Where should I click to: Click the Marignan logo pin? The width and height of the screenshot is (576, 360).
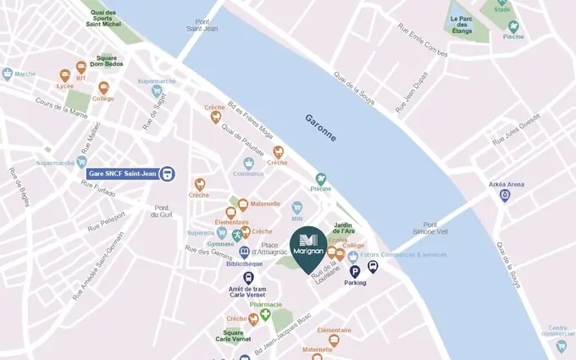point(307,245)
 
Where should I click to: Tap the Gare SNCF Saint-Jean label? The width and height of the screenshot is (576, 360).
point(123,174)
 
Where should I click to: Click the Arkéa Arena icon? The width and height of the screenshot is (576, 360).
point(506,196)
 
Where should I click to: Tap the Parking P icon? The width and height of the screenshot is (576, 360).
point(355,271)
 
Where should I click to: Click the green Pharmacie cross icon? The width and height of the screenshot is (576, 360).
point(265,315)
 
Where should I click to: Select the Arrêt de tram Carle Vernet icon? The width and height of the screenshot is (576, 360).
point(248,277)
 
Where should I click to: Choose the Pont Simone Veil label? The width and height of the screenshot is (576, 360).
point(429,224)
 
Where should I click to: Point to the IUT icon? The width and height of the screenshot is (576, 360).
point(81,67)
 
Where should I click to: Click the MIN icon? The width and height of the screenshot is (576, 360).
point(297,208)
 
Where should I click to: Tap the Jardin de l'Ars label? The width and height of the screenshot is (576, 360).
point(343,229)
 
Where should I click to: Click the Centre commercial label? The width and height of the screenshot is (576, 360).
point(558,330)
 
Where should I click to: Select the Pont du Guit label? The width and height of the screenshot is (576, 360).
point(162,211)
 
